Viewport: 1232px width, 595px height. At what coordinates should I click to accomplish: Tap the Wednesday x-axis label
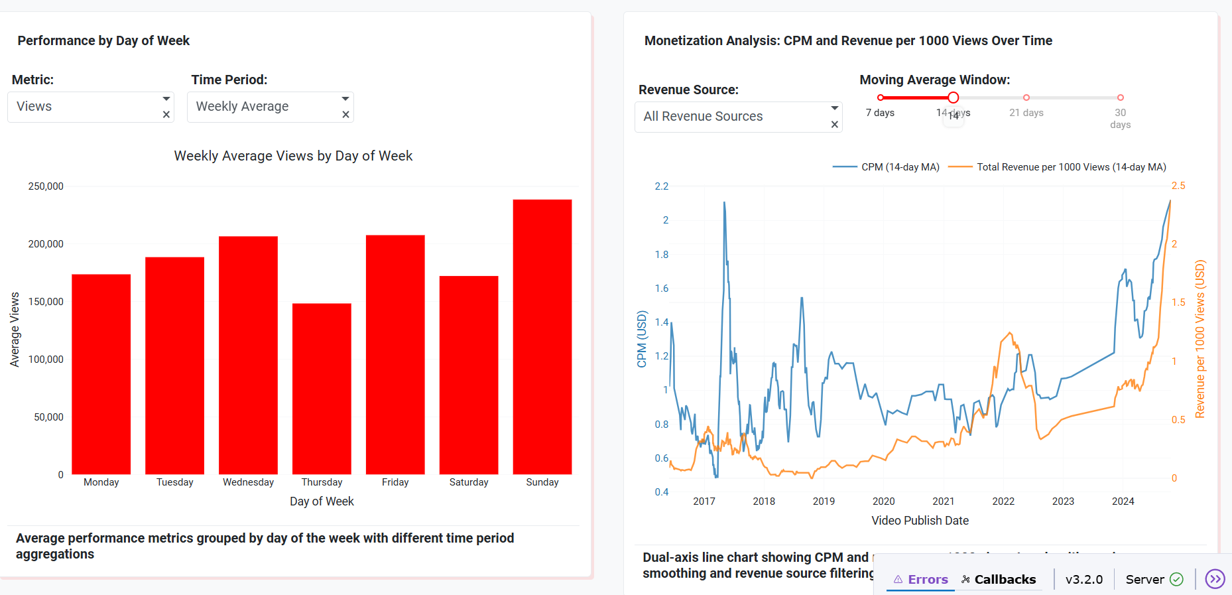(x=248, y=482)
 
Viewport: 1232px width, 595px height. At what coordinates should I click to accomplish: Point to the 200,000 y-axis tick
(x=46, y=244)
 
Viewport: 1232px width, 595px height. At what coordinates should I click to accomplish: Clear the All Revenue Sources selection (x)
(x=835, y=125)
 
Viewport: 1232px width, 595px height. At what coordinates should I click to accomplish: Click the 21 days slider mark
(x=1026, y=98)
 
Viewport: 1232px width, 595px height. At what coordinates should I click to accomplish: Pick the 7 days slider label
(x=880, y=113)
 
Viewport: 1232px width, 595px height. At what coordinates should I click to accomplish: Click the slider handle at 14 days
(x=953, y=98)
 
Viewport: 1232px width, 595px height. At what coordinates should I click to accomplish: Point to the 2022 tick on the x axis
(x=1003, y=501)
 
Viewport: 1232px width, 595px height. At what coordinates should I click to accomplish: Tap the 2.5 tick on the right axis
(x=1178, y=186)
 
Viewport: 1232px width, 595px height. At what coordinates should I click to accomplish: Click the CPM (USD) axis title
(x=641, y=339)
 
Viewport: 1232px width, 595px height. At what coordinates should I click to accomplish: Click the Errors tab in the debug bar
(x=921, y=579)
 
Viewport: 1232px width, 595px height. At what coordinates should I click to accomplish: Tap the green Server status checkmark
(x=1176, y=579)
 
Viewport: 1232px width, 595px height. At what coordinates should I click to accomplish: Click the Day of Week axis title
(x=322, y=501)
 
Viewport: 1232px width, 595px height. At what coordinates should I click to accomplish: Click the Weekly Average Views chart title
(x=293, y=156)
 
